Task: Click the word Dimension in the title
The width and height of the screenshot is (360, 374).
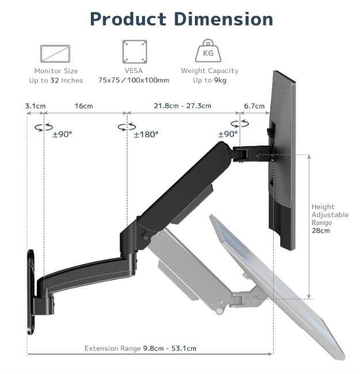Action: [224, 19]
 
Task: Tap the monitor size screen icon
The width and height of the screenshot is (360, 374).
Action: [55, 53]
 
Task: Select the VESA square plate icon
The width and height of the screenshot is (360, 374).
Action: [135, 52]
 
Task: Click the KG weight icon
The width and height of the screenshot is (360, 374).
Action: [208, 51]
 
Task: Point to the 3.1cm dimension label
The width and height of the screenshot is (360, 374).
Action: [35, 106]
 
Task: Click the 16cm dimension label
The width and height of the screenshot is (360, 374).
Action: [84, 106]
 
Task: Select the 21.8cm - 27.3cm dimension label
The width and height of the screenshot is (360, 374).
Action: [182, 106]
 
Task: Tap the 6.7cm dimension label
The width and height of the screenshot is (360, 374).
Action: [254, 106]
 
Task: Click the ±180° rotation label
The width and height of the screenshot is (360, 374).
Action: [146, 134]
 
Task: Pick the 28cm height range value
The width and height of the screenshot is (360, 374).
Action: [321, 230]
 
